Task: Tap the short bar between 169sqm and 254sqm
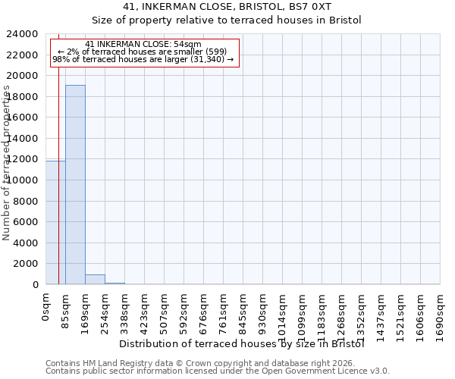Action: point(95,279)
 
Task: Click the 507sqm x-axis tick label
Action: point(164,313)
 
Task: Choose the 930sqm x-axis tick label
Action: point(262,313)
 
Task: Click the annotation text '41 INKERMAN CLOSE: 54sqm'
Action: point(143,45)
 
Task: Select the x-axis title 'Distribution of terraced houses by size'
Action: point(243,343)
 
